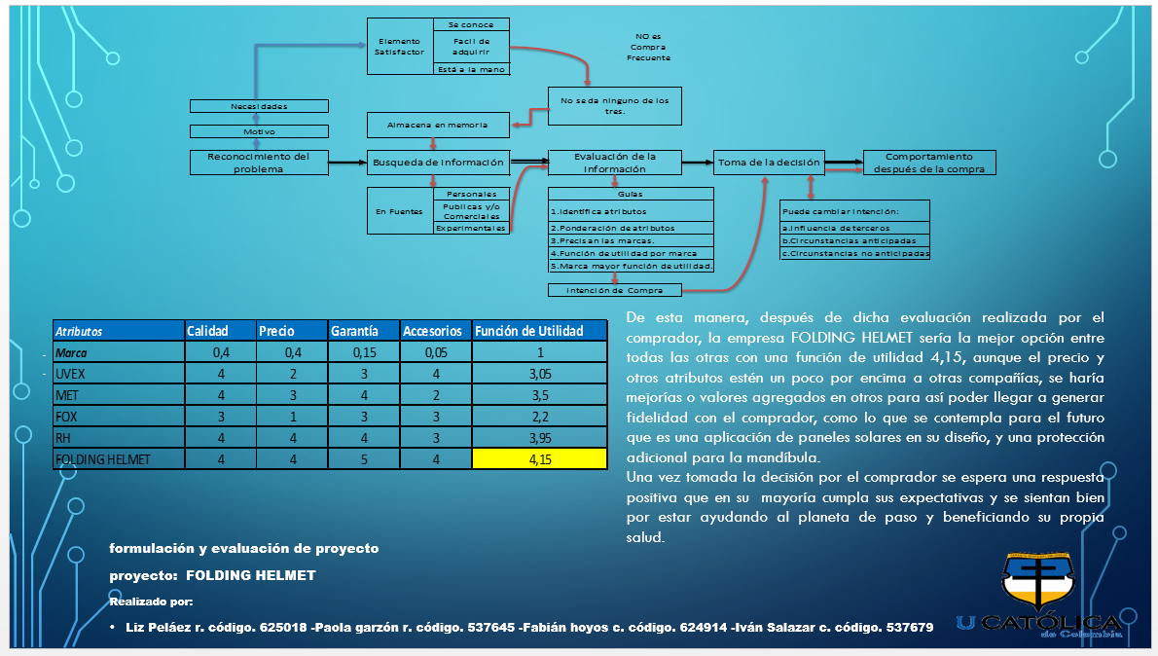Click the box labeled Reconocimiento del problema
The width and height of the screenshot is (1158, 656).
(259, 163)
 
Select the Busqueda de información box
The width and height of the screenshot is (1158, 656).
(438, 163)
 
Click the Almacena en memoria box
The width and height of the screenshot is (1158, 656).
(438, 125)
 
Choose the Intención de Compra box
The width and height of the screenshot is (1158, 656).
(614, 290)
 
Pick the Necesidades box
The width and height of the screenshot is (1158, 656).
(259, 106)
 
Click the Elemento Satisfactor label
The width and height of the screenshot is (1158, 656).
(399, 47)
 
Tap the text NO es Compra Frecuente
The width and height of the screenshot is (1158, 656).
(648, 47)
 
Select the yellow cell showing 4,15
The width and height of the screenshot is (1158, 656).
(539, 458)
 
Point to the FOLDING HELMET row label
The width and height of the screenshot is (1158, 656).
(103, 458)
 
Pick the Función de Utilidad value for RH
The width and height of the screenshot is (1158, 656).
(539, 438)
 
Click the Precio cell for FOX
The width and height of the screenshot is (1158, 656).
(291, 417)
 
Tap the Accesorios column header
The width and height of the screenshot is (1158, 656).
(434, 331)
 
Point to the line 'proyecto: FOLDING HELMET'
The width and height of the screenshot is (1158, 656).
(212, 575)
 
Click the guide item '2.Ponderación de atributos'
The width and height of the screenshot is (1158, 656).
(612, 228)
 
